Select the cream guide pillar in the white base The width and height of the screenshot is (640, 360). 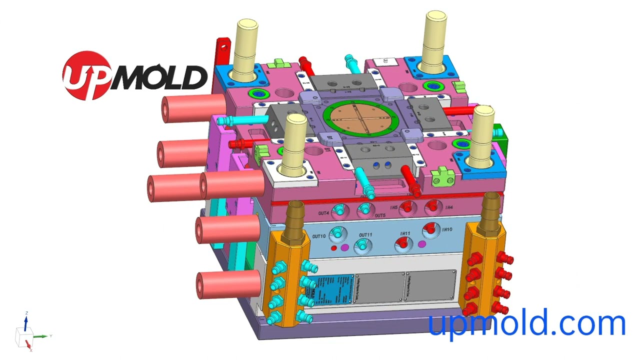[x=295, y=144]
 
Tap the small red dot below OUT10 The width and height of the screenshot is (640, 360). [x=333, y=247]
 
